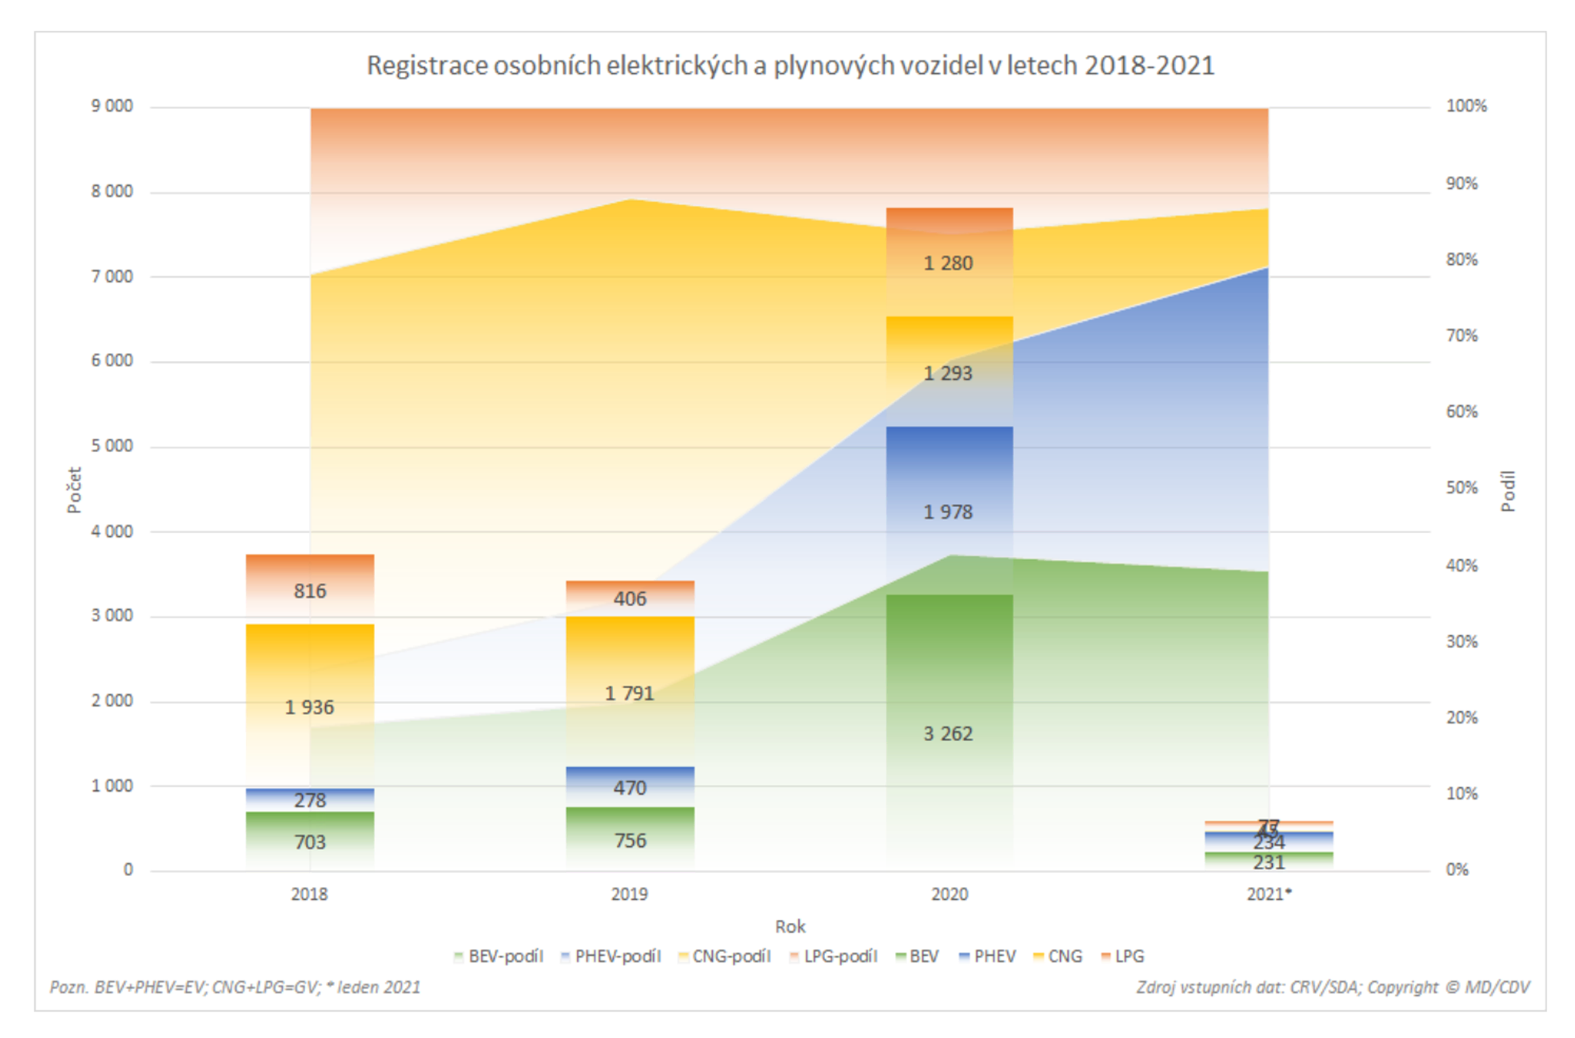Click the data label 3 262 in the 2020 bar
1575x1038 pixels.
coord(948,733)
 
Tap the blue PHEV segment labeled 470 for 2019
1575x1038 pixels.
coord(629,787)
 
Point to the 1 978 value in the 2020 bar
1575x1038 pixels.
coord(948,511)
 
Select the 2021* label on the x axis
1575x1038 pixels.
coord(1268,894)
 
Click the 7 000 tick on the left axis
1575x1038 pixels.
coord(112,276)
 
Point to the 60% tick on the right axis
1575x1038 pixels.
coord(1461,411)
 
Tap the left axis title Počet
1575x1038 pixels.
coord(74,489)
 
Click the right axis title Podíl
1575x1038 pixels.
coord(1507,490)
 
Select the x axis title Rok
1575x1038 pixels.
coord(790,926)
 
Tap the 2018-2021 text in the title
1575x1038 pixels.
coord(1149,66)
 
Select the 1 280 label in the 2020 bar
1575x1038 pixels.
coord(948,263)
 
